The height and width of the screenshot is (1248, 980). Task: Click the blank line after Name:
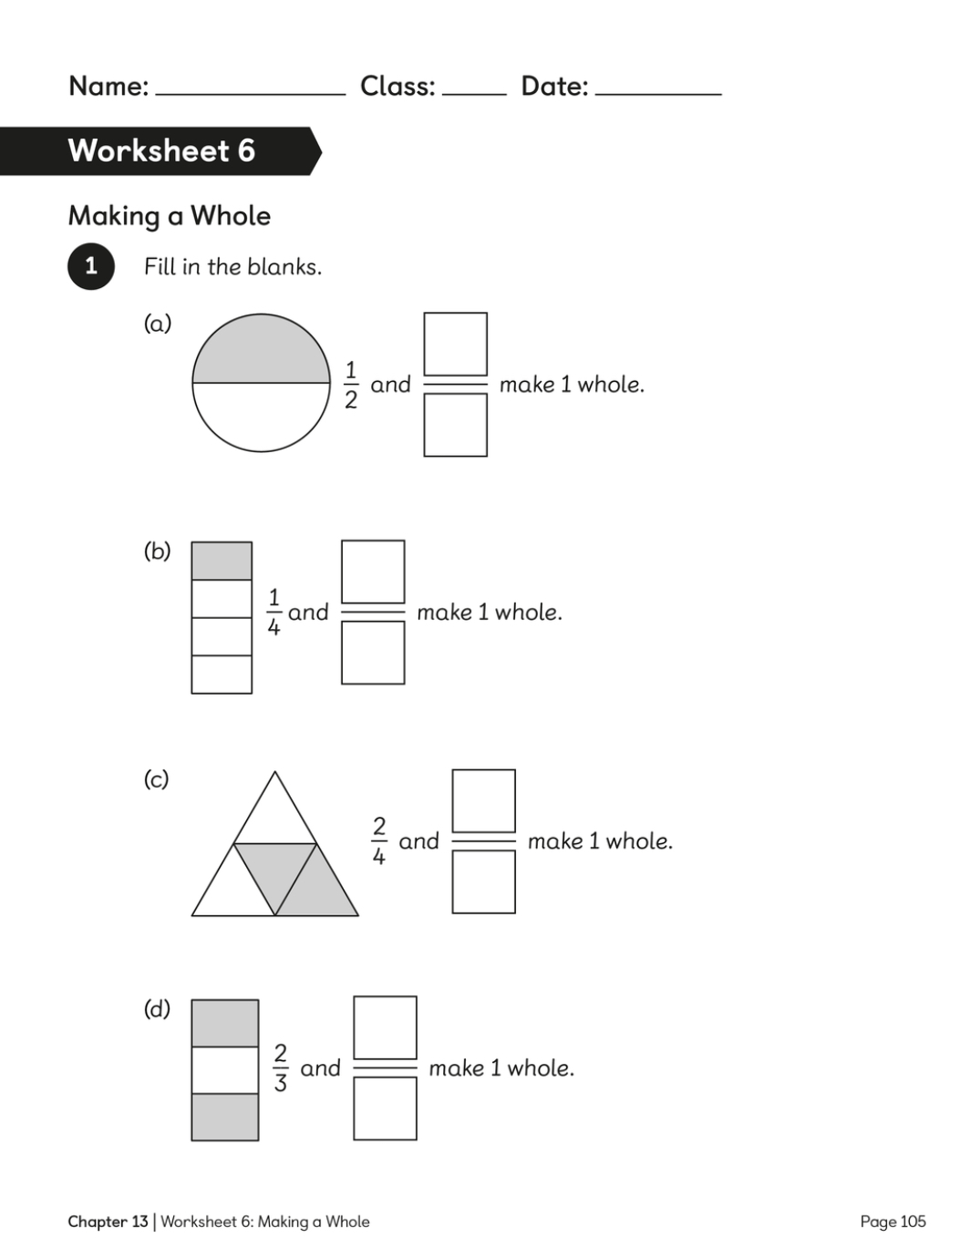(x=251, y=95)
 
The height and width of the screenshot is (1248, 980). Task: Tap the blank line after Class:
(x=474, y=95)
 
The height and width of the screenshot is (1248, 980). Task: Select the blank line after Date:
(x=658, y=95)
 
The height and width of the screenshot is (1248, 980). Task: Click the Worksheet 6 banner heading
(x=161, y=151)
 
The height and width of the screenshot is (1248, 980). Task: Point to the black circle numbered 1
(x=91, y=266)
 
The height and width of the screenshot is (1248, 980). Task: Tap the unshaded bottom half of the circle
(x=262, y=414)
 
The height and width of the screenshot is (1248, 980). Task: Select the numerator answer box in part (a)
(x=455, y=344)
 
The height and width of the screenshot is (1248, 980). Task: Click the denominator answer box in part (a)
(x=455, y=426)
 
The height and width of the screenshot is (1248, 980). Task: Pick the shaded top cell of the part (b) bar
(x=222, y=561)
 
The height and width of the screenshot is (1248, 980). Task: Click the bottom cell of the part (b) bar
(x=222, y=675)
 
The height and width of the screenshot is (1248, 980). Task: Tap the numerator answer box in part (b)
(x=373, y=572)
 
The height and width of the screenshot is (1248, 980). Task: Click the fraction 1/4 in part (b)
(x=273, y=613)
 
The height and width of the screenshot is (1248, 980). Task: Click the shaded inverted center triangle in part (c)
(x=275, y=867)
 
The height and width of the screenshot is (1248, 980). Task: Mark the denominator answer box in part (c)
(x=484, y=882)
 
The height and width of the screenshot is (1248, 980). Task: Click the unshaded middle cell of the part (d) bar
(x=225, y=1070)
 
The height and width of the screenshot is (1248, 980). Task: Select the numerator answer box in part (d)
(x=386, y=1028)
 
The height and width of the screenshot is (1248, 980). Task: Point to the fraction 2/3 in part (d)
(x=280, y=1068)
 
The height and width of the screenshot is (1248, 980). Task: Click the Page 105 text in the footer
(x=892, y=1221)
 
